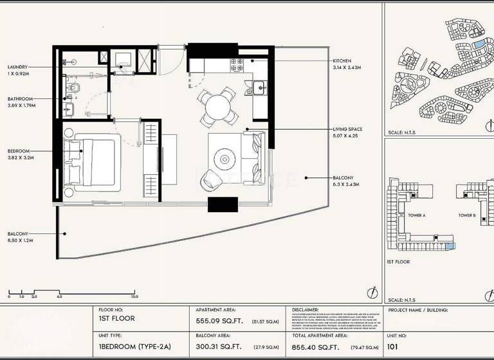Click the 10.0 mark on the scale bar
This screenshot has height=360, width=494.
(x=134, y=297)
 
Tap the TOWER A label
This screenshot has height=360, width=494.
(x=416, y=215)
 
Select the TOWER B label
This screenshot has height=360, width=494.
(x=467, y=215)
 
